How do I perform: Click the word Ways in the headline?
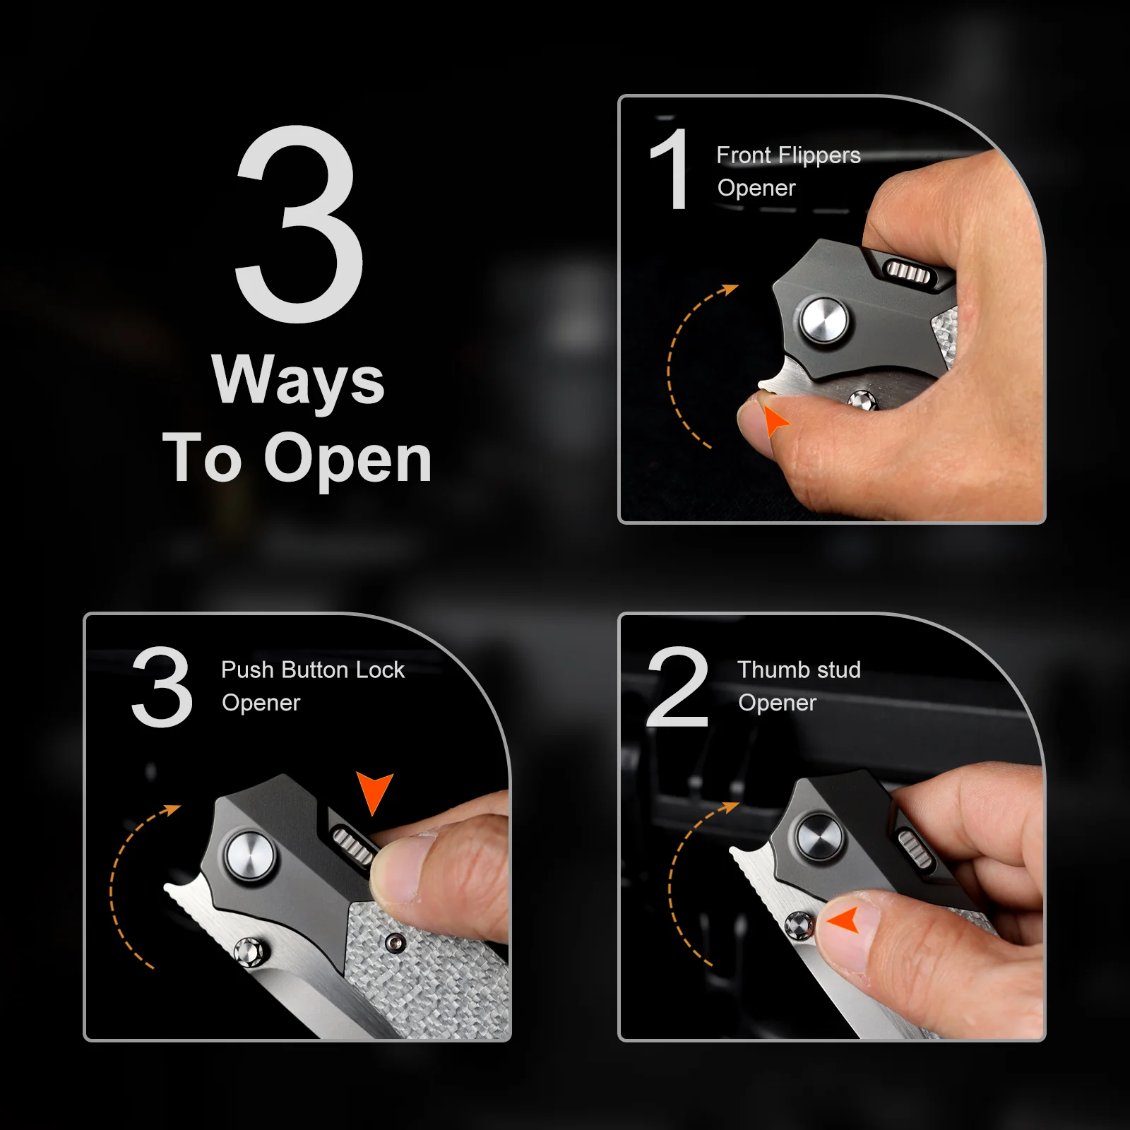click(x=298, y=381)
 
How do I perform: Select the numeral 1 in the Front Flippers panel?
click(x=669, y=169)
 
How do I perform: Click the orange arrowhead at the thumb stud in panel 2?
click(x=843, y=920)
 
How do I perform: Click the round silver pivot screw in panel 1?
click(x=823, y=322)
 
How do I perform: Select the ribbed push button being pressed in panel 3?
click(x=353, y=845)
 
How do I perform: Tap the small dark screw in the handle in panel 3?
click(x=397, y=943)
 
